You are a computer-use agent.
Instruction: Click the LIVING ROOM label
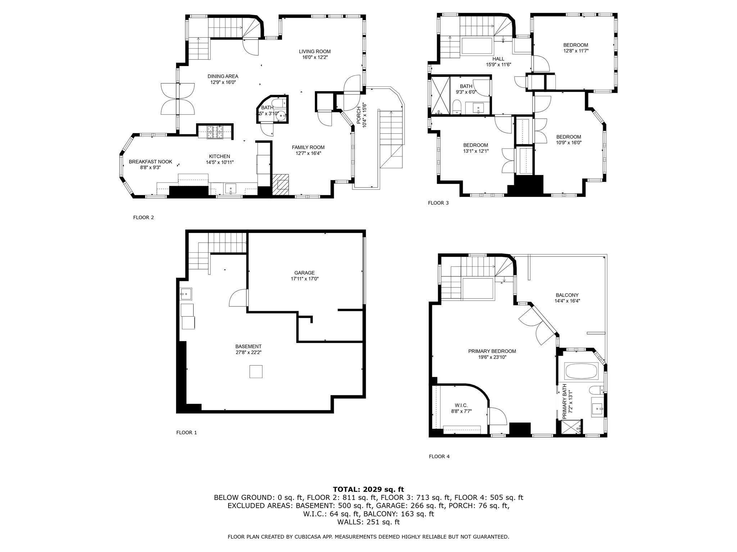[x=315, y=51]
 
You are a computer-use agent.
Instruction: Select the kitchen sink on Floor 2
[x=230, y=188]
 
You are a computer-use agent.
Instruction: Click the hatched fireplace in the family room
[x=280, y=184]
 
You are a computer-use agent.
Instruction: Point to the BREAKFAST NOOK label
[x=150, y=162]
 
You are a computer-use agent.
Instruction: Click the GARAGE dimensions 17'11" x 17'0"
[x=304, y=279]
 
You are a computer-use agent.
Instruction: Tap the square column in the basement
[x=256, y=371]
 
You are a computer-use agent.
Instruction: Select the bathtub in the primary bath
[x=582, y=371]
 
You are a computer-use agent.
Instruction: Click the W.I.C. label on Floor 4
[x=459, y=405]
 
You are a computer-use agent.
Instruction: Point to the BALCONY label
[x=567, y=295]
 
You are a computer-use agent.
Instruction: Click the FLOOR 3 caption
[x=438, y=203]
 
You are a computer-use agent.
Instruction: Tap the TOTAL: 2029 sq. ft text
[x=368, y=489]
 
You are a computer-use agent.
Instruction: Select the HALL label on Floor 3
[x=498, y=59]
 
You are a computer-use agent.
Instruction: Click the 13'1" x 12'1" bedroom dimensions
[x=475, y=151]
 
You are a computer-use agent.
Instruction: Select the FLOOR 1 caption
[x=186, y=433]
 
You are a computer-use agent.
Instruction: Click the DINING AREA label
[x=223, y=76]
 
